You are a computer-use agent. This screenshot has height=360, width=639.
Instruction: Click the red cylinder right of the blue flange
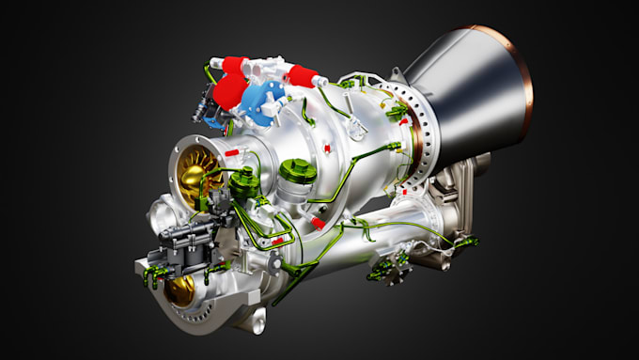pos(303,75)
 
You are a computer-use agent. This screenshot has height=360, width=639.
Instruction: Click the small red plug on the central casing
pos(327,149)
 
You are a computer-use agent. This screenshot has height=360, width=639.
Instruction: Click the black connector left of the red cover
pos(199,112)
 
